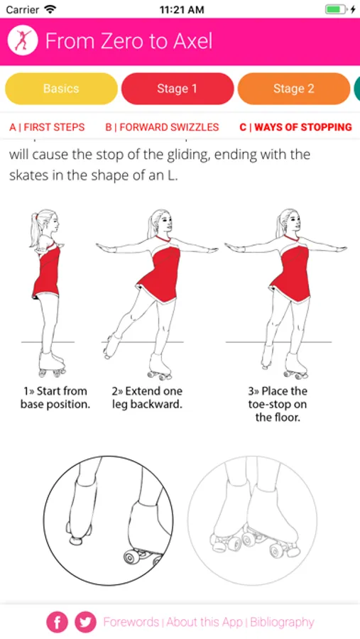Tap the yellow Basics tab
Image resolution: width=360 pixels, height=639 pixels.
pos(61,89)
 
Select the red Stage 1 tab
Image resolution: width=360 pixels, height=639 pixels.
pos(178,89)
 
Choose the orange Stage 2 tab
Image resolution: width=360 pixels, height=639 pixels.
pos(293,89)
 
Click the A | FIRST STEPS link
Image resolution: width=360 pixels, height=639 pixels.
pos(47,127)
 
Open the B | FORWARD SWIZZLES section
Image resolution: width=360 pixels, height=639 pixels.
pos(162,127)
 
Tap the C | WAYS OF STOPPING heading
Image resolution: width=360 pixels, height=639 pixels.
pos(295,127)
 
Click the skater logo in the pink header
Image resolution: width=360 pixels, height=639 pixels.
pos(23,40)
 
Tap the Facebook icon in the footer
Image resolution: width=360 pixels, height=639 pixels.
pos(58,622)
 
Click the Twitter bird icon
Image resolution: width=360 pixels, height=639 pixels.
pos(86,622)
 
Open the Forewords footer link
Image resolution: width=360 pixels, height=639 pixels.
pos(131,622)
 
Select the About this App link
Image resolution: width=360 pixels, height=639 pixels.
pos(204,622)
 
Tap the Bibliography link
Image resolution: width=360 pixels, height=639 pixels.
pos(282,622)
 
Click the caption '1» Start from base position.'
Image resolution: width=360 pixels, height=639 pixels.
pos(55,398)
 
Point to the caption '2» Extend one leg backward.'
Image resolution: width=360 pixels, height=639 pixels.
pos(147,398)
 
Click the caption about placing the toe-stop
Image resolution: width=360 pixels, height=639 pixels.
pos(277,404)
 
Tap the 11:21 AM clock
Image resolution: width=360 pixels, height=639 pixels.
pos(182,10)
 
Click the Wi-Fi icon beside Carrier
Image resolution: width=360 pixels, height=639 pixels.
pos(50,9)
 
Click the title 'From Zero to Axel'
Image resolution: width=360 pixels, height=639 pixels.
pos(129,40)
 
